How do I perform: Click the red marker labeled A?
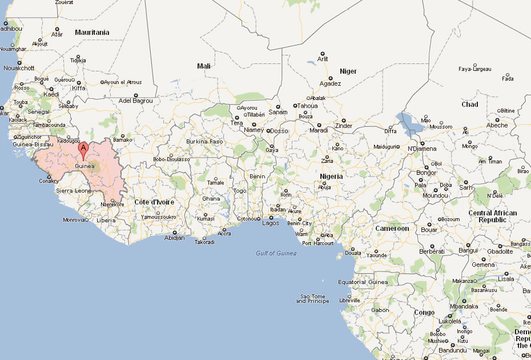83,150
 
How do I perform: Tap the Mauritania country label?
92,33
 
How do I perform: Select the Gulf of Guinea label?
276,253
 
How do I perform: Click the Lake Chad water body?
409,122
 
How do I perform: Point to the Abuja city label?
325,187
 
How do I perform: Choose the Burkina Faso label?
204,141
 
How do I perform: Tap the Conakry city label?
49,181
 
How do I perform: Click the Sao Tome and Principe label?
312,299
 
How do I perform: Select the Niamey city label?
254,130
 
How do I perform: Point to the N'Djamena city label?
422,149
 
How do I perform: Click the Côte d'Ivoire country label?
154,202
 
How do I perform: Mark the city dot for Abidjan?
175,232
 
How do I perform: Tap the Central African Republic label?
492,217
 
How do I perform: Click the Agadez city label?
330,83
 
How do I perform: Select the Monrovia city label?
74,220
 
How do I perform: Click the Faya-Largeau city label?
474,69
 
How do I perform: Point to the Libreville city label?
349,300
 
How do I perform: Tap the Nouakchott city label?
19,68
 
